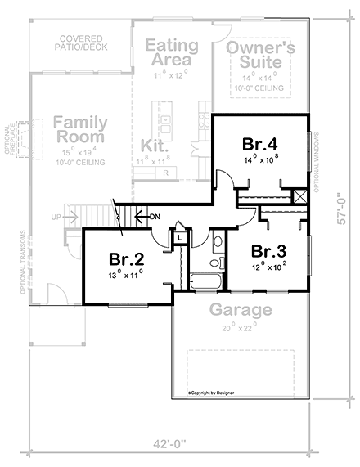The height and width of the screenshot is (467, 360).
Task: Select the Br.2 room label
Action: (x=126, y=258)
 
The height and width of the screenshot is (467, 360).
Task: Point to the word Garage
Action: (x=239, y=310)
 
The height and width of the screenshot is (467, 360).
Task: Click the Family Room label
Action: (x=80, y=132)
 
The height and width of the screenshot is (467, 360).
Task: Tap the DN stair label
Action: (x=155, y=217)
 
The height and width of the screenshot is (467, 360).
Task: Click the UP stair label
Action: (x=56, y=218)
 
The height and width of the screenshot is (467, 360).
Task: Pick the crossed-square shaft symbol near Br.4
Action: (x=300, y=196)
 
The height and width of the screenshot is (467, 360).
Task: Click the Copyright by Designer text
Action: (x=214, y=393)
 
